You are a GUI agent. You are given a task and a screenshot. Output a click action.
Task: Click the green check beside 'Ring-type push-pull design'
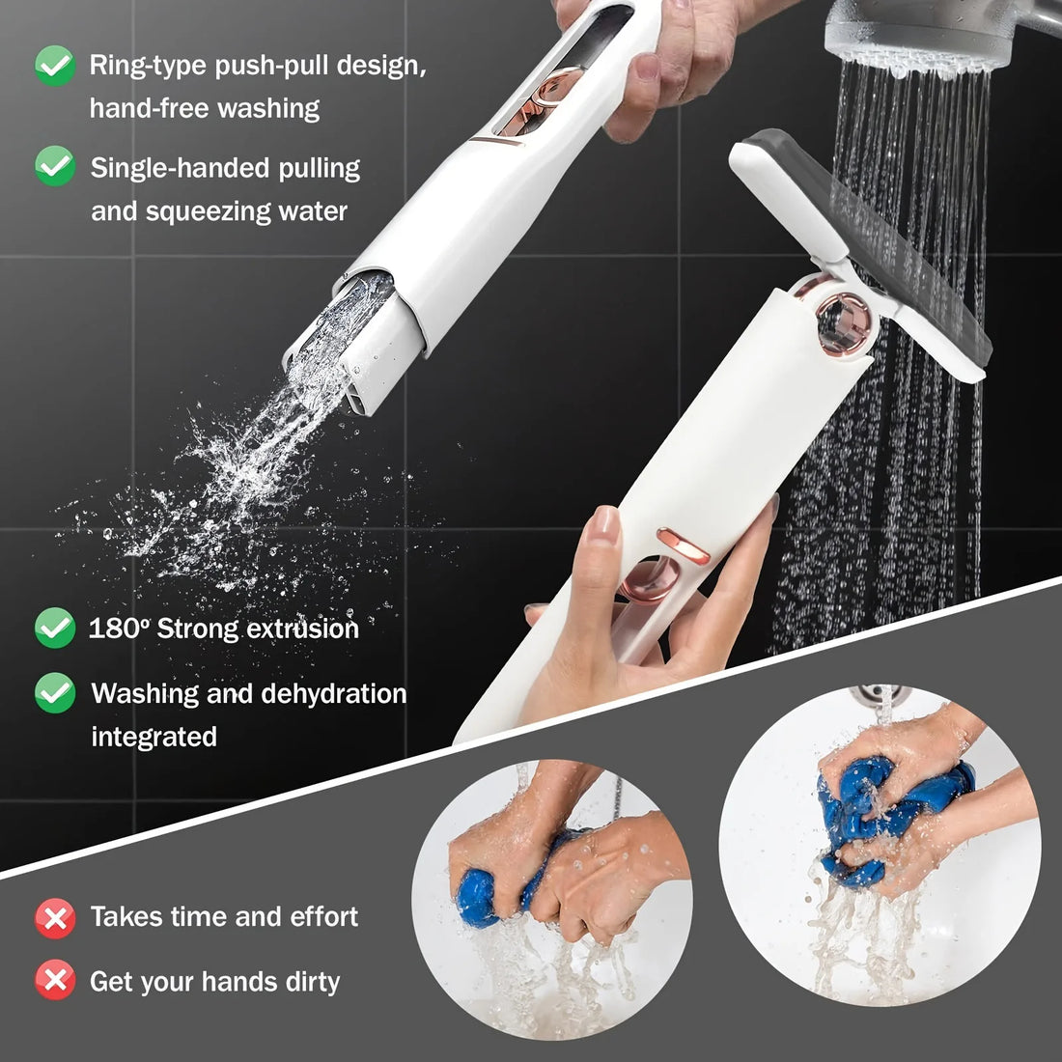(x=55, y=66)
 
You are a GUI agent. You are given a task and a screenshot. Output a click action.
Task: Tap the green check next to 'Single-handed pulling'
(x=55, y=166)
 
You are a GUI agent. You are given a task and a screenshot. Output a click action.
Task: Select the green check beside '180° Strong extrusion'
(x=55, y=629)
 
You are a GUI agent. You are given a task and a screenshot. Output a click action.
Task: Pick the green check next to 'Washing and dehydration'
(x=55, y=693)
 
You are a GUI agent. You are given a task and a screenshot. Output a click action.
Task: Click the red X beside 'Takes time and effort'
(x=55, y=917)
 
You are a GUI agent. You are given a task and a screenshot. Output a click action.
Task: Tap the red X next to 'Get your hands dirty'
(x=55, y=982)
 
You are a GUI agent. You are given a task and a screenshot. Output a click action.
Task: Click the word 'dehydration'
(x=326, y=693)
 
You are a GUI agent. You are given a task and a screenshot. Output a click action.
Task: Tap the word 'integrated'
(x=154, y=737)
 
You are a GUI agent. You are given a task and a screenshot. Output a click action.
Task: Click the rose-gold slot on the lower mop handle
(x=683, y=545)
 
